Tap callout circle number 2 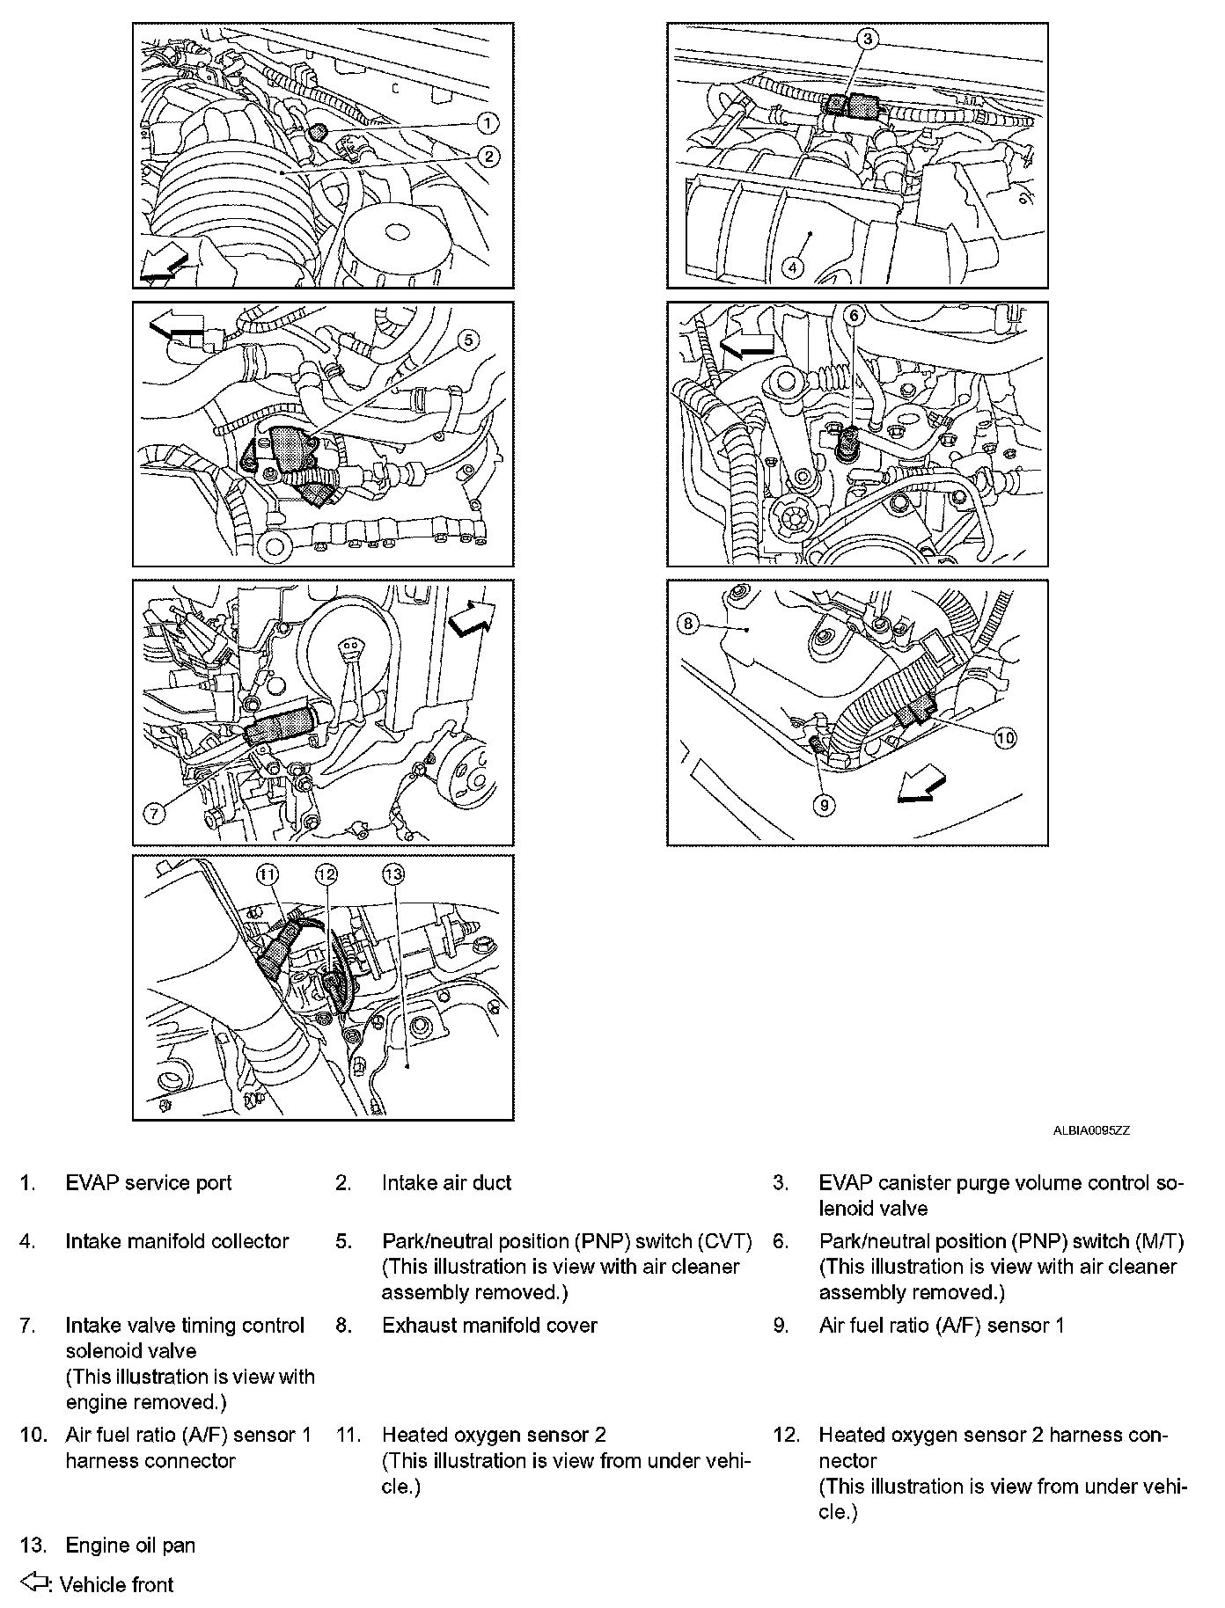(488, 157)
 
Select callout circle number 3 (867, 38)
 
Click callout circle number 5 (469, 340)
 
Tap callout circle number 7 (154, 814)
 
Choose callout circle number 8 (687, 624)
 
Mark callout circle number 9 (824, 805)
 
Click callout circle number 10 (1005, 737)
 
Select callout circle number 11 (267, 873)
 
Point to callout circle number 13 (392, 873)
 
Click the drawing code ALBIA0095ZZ (1091, 1131)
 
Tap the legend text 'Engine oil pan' (130, 1545)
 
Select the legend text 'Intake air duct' (446, 1182)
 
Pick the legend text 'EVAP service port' (149, 1182)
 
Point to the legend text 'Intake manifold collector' (177, 1241)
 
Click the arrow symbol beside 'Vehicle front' (35, 1583)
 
